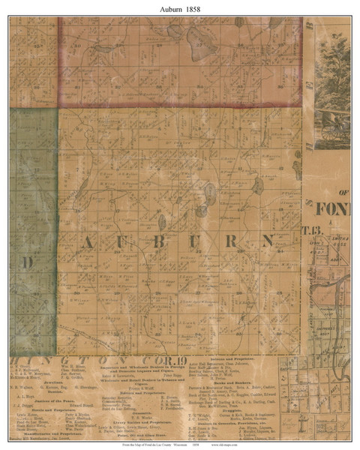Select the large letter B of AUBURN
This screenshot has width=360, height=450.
[x=173, y=241]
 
